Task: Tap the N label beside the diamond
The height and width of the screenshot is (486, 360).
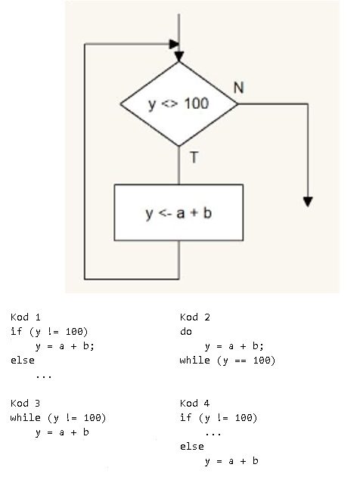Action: point(238,88)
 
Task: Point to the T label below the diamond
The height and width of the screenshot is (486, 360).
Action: point(194,157)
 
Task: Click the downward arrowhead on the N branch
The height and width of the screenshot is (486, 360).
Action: point(308,202)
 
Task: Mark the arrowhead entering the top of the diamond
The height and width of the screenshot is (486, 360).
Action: point(179,57)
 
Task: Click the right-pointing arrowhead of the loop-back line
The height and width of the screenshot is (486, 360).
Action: point(174,44)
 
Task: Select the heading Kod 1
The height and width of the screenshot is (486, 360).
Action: point(26,317)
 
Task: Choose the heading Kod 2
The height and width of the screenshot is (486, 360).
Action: point(194,317)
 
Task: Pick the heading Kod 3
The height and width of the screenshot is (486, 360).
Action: point(26,404)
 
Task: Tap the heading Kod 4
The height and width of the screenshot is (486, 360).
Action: point(194,404)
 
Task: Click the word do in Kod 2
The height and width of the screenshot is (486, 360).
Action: point(186,332)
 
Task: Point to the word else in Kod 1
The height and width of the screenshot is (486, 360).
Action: point(23,361)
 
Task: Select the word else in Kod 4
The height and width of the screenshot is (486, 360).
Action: point(192,447)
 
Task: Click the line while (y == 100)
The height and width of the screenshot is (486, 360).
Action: point(228,361)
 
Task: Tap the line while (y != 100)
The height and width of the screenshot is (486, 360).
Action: point(58,418)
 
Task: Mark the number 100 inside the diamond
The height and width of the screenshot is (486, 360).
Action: point(197,104)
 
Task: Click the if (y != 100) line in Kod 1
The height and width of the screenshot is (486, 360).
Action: point(49,332)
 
